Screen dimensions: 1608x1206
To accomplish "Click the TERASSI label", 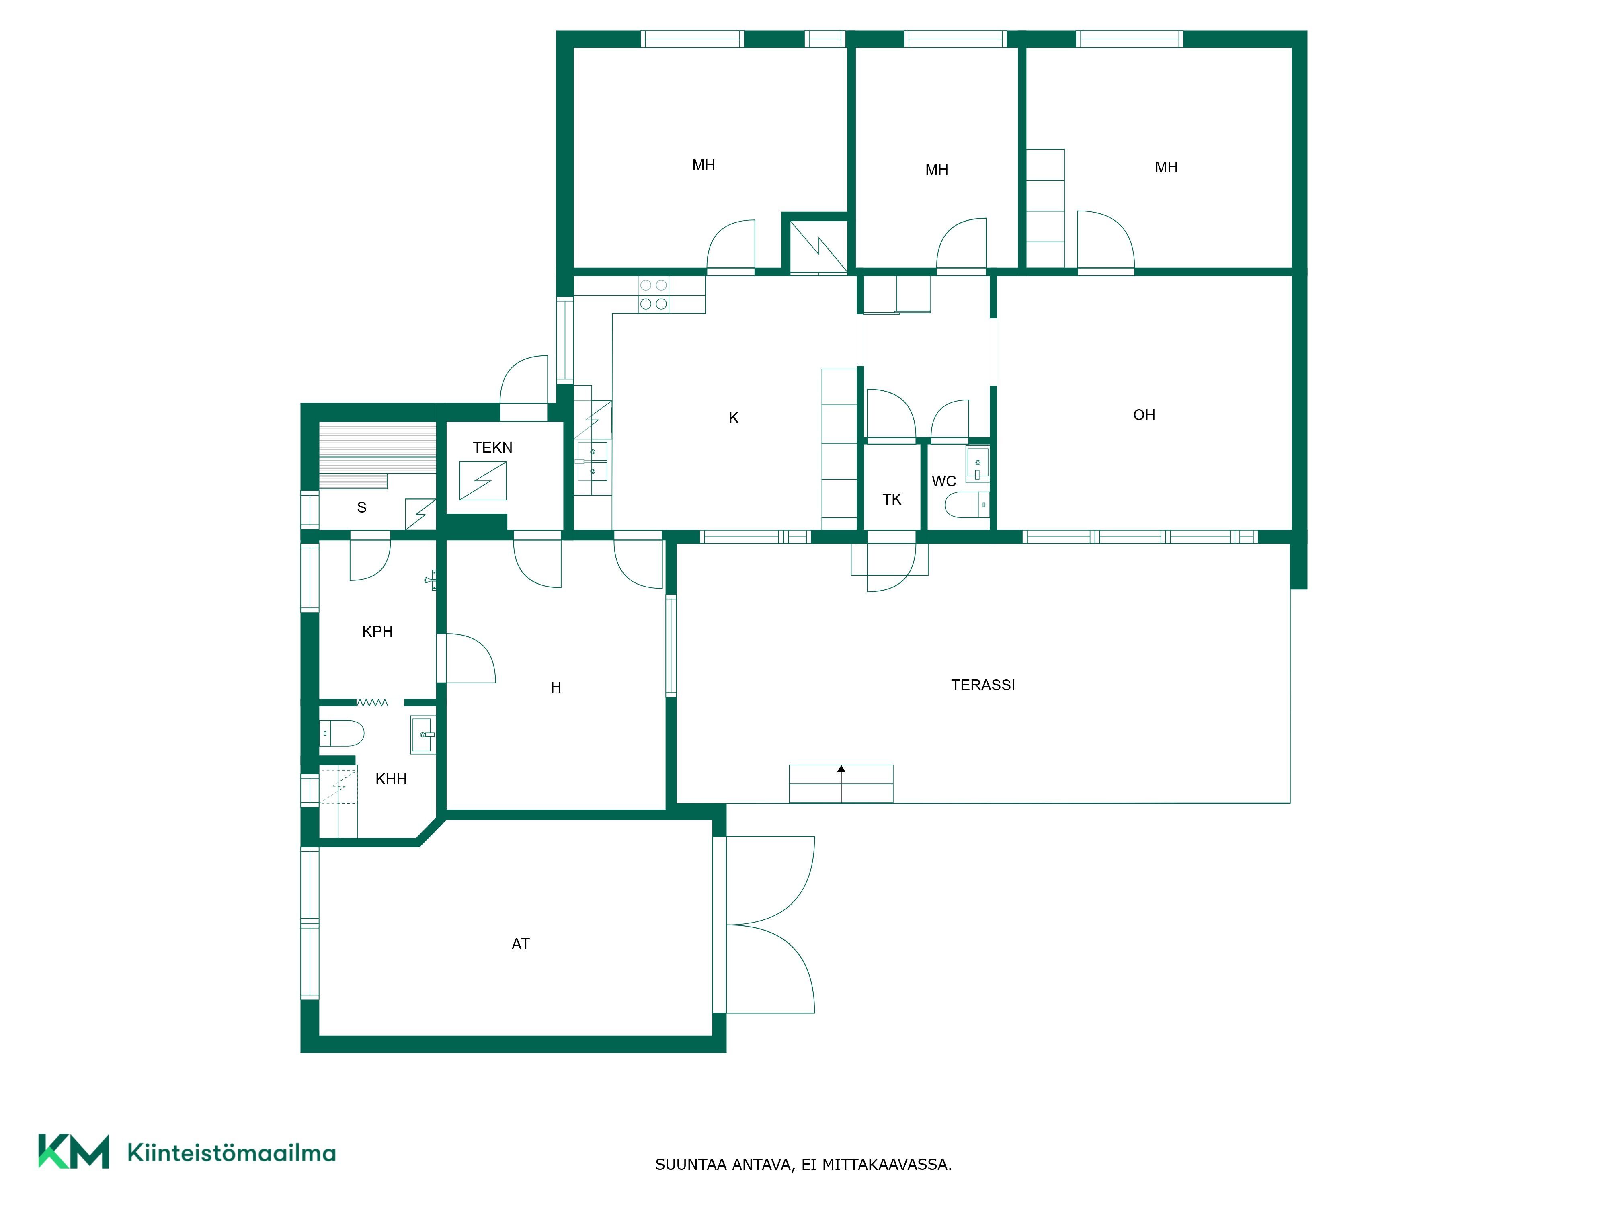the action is click(x=983, y=685).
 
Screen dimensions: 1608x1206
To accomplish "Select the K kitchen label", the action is click(x=734, y=418).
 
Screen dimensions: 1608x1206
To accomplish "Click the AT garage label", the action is click(x=521, y=944).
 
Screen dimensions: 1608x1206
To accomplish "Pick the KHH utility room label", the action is click(x=391, y=779).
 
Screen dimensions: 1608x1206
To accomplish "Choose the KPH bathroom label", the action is click(x=377, y=632).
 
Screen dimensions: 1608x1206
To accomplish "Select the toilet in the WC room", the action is click(x=967, y=505).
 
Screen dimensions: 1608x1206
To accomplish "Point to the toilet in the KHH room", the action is click(x=342, y=734).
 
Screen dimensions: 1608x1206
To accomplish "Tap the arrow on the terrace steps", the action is click(x=841, y=783).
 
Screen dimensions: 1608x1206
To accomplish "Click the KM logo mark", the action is click(x=74, y=1151).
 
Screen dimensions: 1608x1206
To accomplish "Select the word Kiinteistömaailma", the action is click(x=231, y=1153).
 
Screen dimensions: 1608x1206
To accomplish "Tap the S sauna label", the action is click(x=361, y=507).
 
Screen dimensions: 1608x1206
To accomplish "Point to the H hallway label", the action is click(x=556, y=688).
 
